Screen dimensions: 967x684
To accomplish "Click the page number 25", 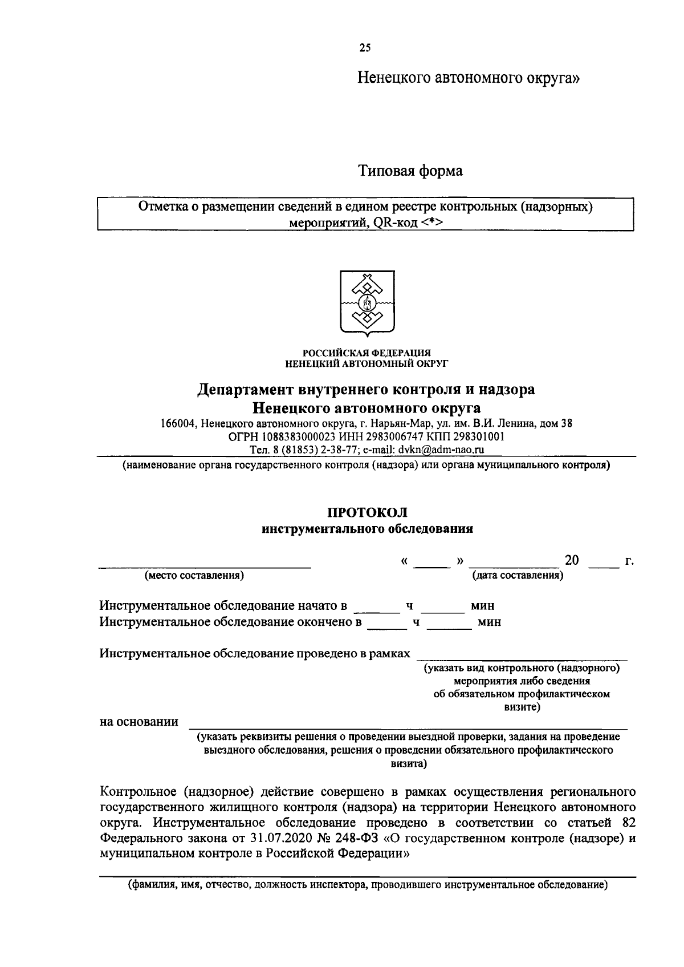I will [365, 48].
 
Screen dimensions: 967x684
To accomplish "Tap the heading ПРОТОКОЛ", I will [367, 513].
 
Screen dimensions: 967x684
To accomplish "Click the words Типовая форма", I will [410, 171].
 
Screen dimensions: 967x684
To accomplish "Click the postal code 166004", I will [178, 423].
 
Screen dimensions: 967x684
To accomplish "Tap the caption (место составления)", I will [194, 575].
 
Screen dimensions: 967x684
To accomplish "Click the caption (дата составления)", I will [518, 575].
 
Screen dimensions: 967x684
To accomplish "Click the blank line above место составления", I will [205, 566].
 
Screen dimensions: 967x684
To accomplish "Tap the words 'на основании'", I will [139, 722].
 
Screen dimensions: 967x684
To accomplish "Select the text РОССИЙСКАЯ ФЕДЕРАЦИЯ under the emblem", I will [367, 353].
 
